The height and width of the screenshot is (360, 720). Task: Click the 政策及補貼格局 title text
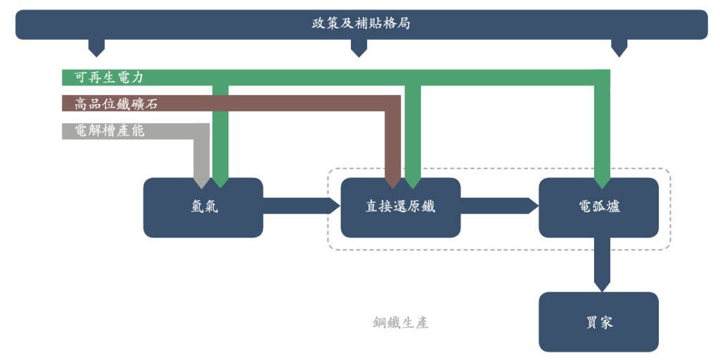(x=361, y=23)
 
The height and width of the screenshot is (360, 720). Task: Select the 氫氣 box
(x=203, y=207)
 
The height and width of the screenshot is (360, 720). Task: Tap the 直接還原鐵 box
(x=400, y=207)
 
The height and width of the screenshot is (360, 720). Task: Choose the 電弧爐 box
(x=598, y=207)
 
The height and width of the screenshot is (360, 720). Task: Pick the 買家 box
(x=598, y=322)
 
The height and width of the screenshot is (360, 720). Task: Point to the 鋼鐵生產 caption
(x=400, y=323)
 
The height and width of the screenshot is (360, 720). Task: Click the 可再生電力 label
(x=109, y=77)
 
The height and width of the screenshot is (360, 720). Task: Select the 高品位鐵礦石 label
(x=116, y=104)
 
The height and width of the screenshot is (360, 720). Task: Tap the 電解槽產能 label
(x=109, y=131)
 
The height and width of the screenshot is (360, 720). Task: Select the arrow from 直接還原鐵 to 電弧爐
(x=499, y=206)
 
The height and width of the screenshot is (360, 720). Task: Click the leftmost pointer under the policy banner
(x=96, y=48)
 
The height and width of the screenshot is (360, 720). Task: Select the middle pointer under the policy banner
(x=359, y=48)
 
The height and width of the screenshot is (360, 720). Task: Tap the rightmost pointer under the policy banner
(x=619, y=48)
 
